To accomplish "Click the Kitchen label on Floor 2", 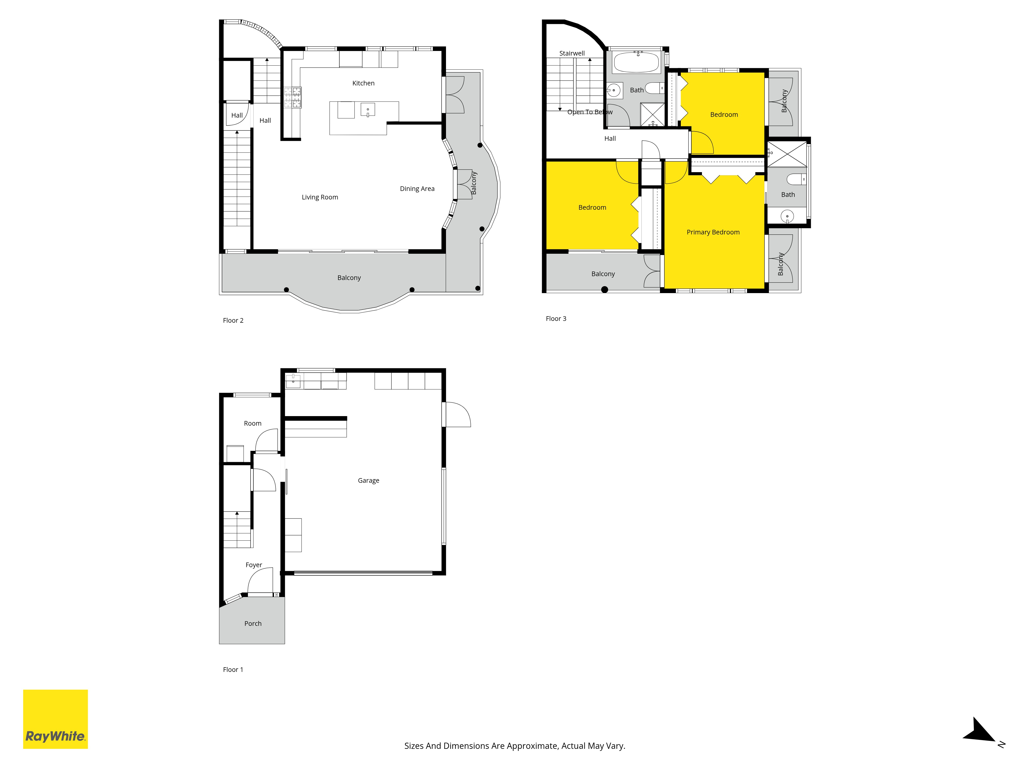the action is pyautogui.click(x=363, y=83).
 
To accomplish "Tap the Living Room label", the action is pyautogui.click(x=320, y=197).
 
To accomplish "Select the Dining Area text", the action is pyautogui.click(x=417, y=188).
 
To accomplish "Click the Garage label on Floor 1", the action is pyautogui.click(x=368, y=481).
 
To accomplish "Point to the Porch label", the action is pyautogui.click(x=253, y=624).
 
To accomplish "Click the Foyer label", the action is pyautogui.click(x=254, y=565).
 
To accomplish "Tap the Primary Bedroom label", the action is pyautogui.click(x=713, y=232).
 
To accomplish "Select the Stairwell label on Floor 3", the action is pyautogui.click(x=572, y=54).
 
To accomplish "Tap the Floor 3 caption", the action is pyautogui.click(x=556, y=319).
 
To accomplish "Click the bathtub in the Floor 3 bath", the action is pyautogui.click(x=636, y=62).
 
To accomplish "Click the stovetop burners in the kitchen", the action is pyautogui.click(x=293, y=98).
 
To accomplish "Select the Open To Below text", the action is pyautogui.click(x=590, y=112).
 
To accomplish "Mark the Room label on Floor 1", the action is pyautogui.click(x=253, y=424).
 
